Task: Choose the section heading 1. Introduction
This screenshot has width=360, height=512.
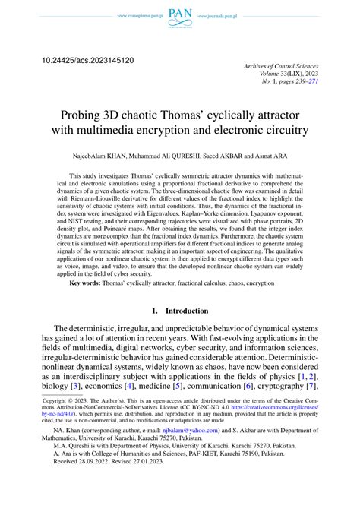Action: point(179,332)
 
